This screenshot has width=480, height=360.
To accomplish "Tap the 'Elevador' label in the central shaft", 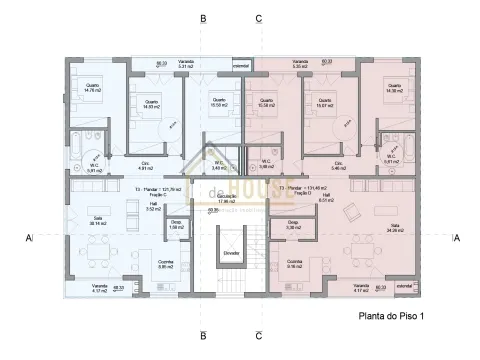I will [231, 253].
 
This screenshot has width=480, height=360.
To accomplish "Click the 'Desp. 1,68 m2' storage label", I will [175, 225].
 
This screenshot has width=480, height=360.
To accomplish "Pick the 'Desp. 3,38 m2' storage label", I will [293, 225].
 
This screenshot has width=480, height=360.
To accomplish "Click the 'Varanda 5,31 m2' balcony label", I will [186, 64].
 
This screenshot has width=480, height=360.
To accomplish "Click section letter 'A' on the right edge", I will [456, 238].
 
